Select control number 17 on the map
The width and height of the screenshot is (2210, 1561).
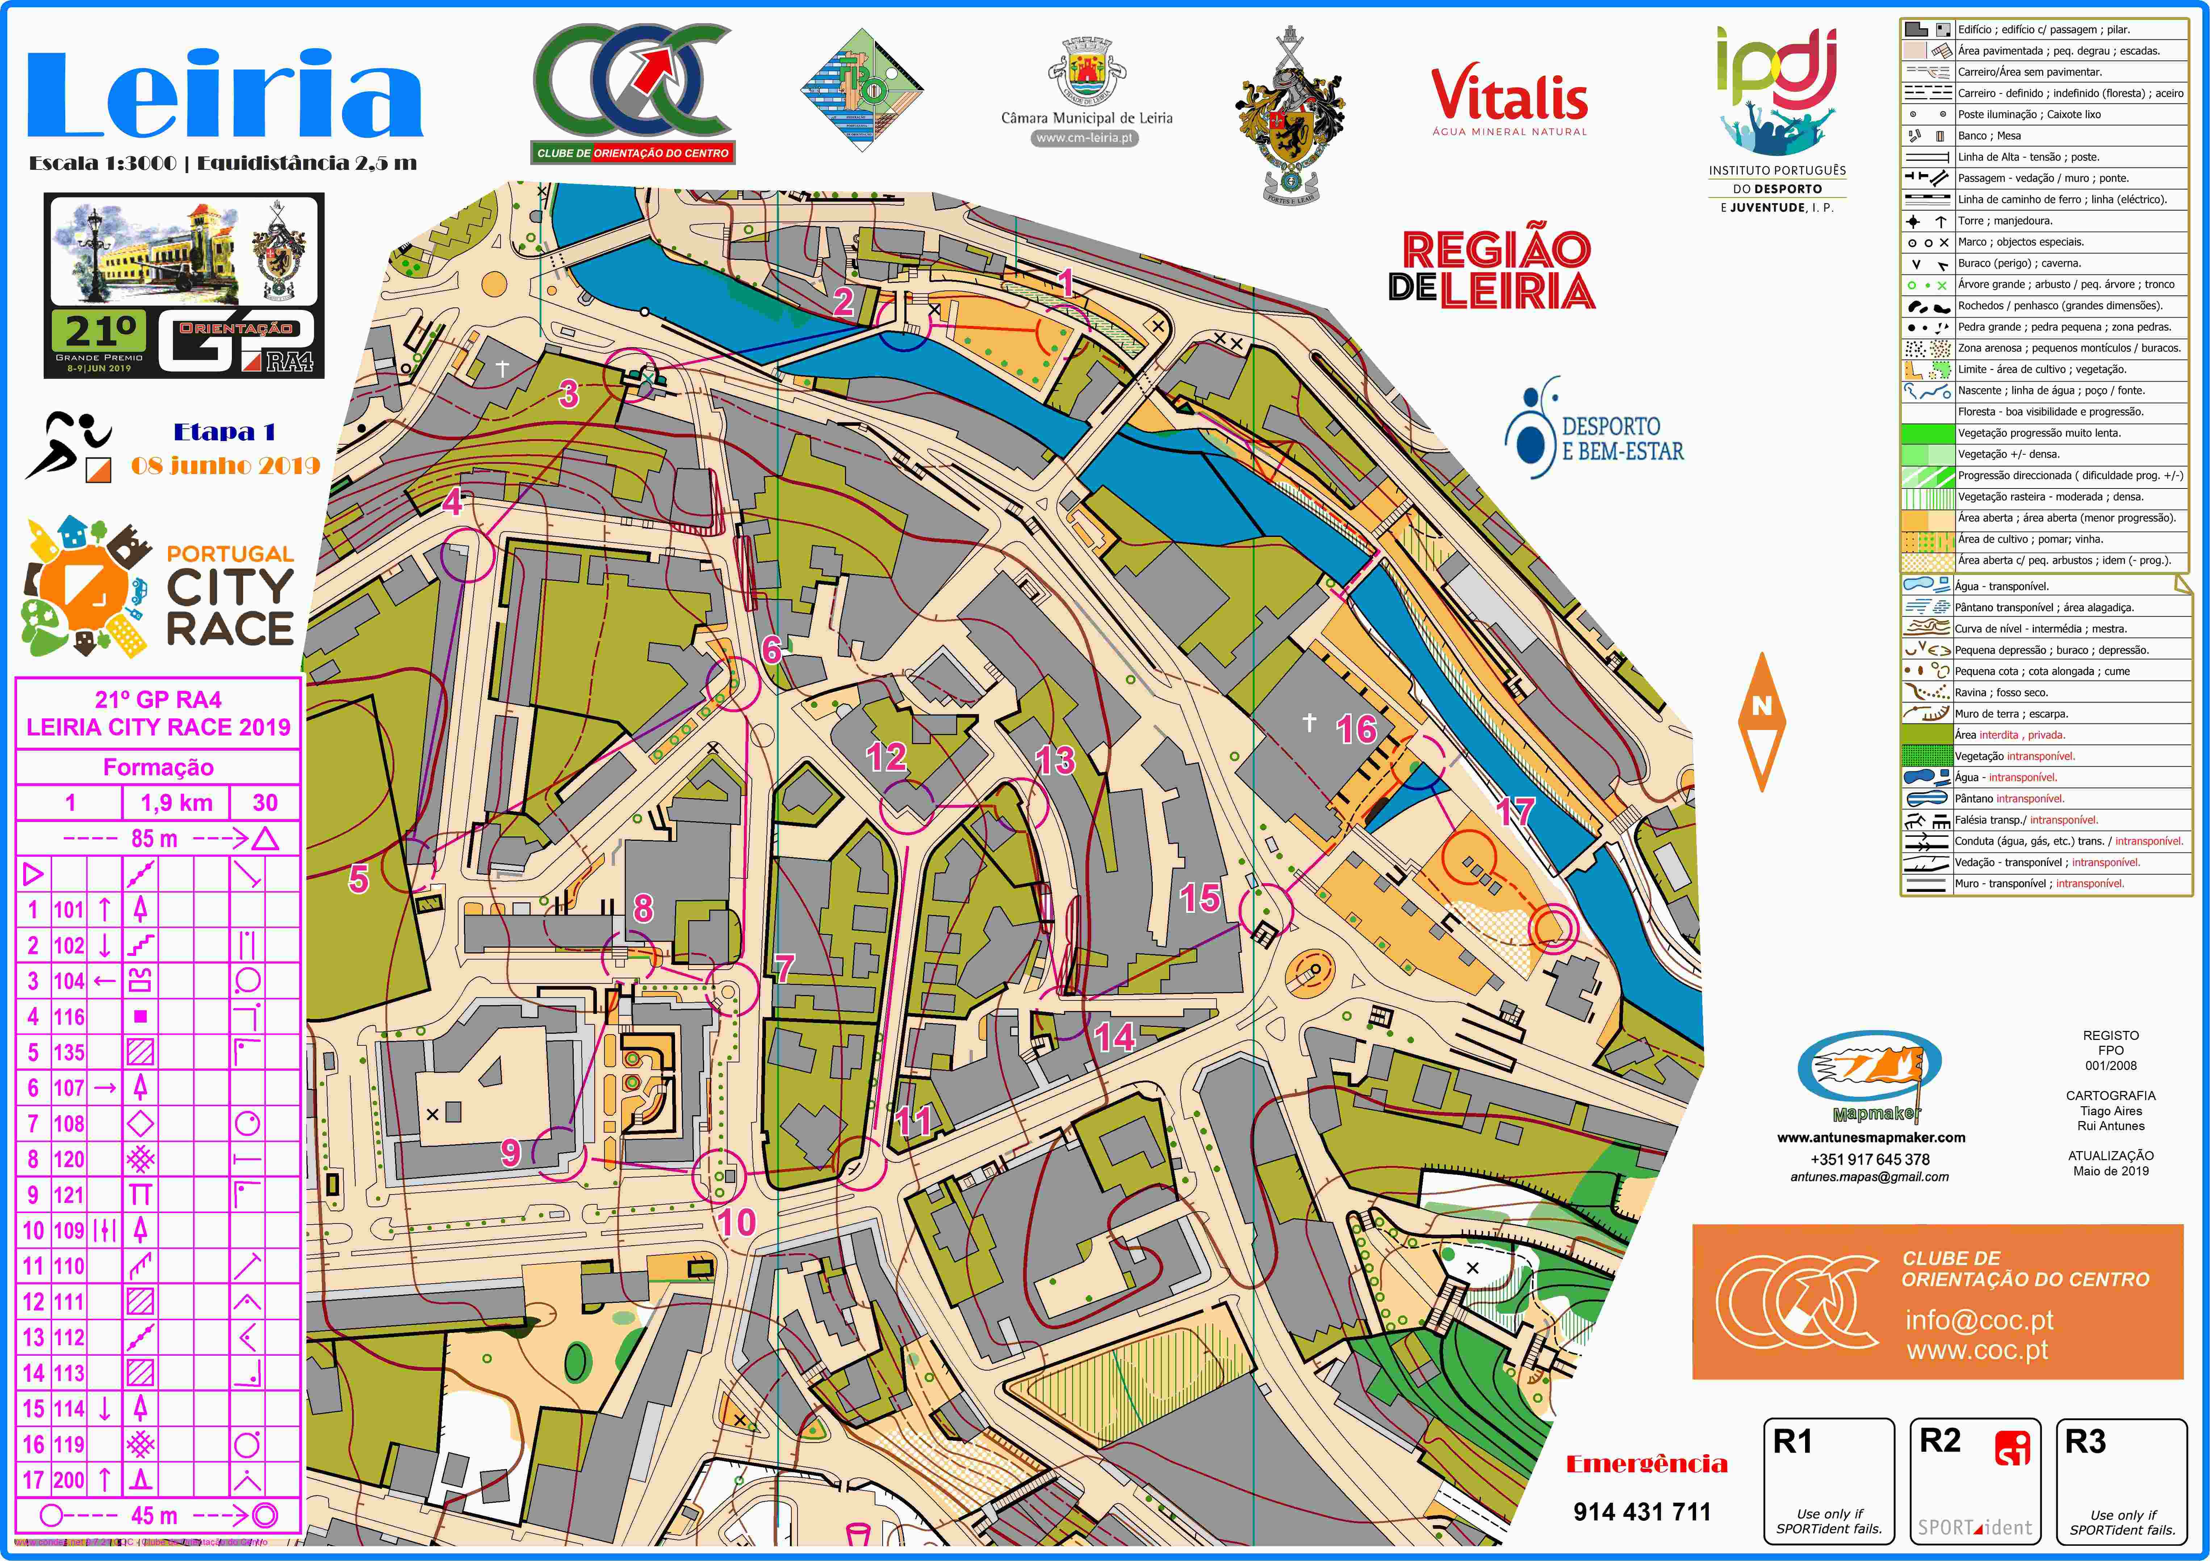tap(1514, 811)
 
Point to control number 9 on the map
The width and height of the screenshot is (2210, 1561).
tap(510, 1152)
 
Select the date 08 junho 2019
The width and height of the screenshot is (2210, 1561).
tap(225, 466)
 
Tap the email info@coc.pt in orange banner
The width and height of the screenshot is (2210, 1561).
tap(1979, 1319)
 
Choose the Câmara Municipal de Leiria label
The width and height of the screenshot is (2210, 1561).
tap(1087, 118)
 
